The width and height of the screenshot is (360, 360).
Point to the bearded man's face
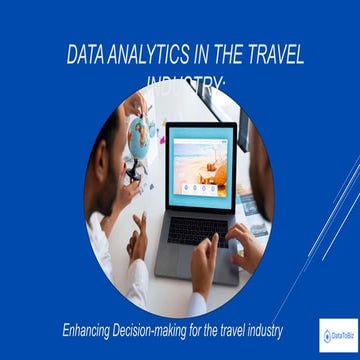pos(111,130)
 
